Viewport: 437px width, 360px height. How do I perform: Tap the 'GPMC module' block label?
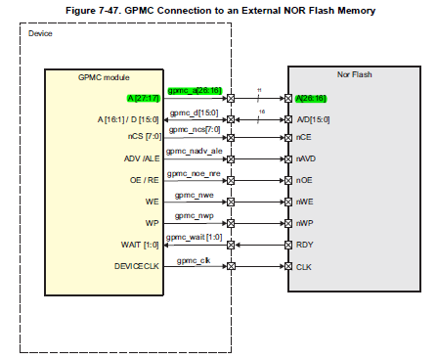pyautogui.click(x=103, y=77)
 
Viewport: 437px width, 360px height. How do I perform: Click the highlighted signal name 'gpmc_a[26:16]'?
pyautogui.click(x=196, y=91)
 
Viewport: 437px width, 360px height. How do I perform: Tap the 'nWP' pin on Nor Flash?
pyautogui.click(x=305, y=223)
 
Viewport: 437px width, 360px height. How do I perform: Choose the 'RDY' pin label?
pyautogui.click(x=305, y=245)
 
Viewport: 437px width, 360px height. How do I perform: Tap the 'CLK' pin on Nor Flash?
pyautogui.click(x=304, y=266)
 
